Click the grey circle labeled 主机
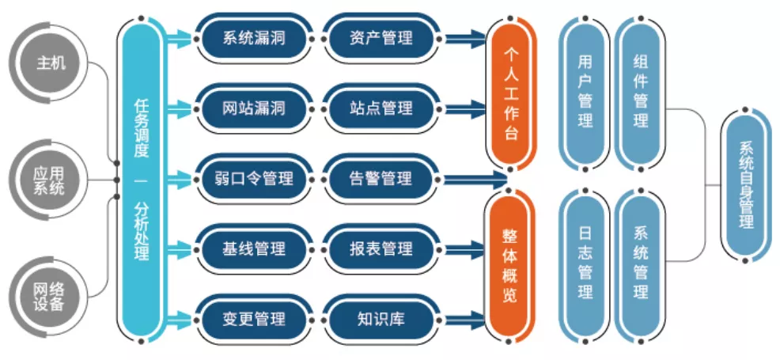coord(51,63)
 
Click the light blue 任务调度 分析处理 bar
coord(142,180)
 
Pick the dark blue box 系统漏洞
coord(254,38)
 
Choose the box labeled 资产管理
coord(381,38)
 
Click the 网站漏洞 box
coord(254,108)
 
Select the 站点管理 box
coord(381,108)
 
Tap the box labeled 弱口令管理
coord(254,178)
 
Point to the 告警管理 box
coord(381,178)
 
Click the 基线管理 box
coord(254,248)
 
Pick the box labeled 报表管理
coord(381,248)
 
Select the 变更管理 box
coord(254,318)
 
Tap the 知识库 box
coord(381,318)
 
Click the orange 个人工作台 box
coord(512,94)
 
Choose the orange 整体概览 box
coord(512,264)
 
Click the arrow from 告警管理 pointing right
coord(475,179)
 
